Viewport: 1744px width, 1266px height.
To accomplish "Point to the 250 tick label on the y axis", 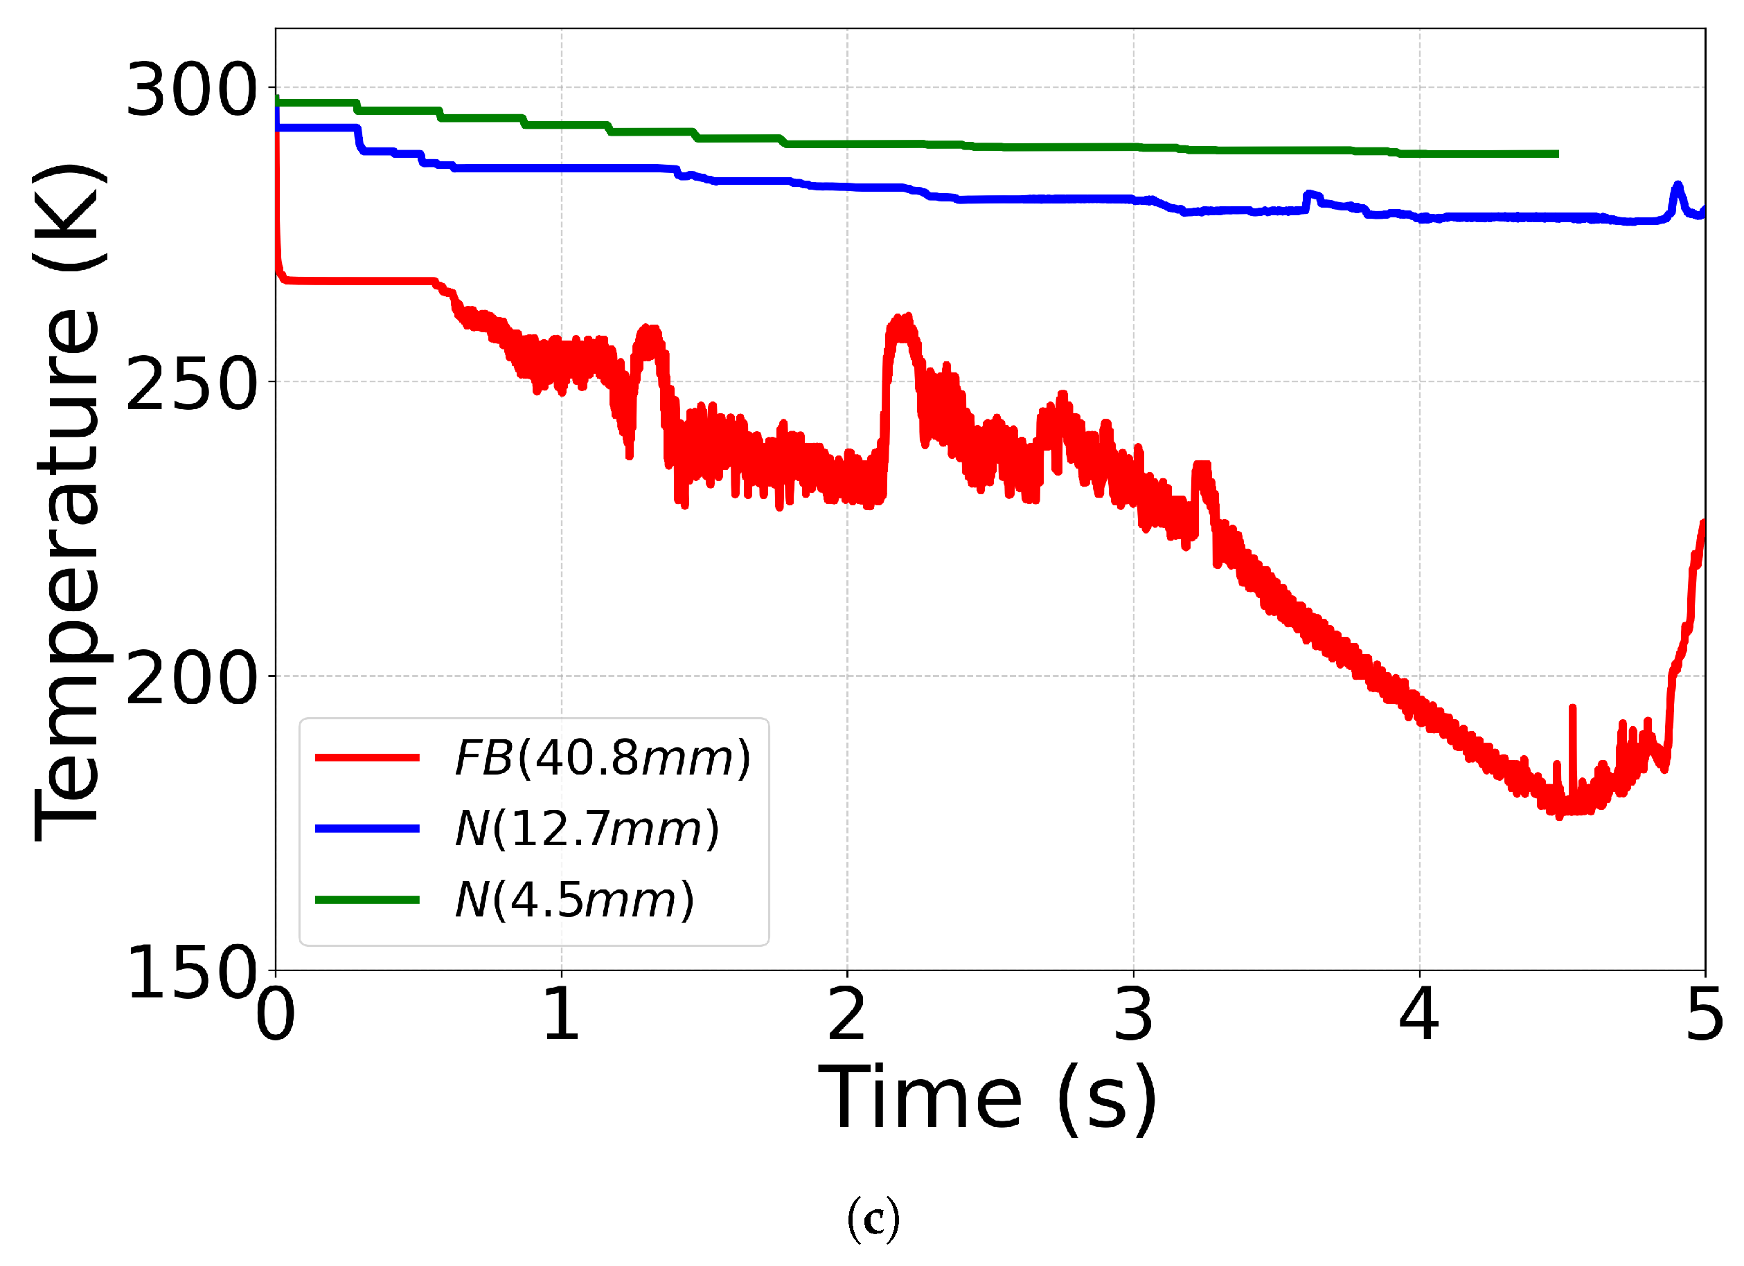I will (190, 384).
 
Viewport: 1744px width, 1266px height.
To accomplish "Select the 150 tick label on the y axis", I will (190, 973).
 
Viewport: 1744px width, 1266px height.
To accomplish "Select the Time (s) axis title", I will (988, 1099).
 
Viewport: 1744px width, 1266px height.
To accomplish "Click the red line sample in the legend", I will (368, 758).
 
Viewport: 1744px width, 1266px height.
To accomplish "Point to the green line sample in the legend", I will (368, 900).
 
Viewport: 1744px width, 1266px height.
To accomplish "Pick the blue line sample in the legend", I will (368, 829).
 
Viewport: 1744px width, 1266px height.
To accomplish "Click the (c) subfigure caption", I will (873, 1220).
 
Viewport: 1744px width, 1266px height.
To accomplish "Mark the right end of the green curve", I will (1557, 154).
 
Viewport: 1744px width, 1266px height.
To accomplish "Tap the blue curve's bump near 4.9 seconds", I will (1677, 187).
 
